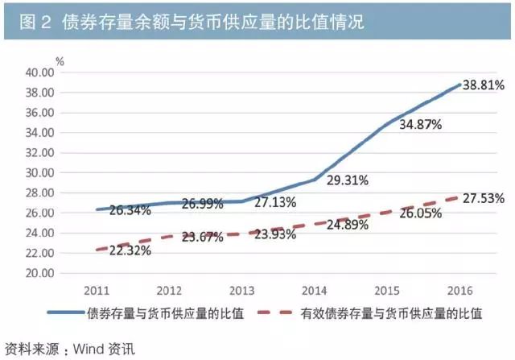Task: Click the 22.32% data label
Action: tap(130, 251)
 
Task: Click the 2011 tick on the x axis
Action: tap(96, 289)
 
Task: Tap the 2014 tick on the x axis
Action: tap(315, 289)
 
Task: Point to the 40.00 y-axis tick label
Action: tap(39, 72)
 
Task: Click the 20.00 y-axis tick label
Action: tap(39, 273)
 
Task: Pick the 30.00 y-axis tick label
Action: tap(39, 172)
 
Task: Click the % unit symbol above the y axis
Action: tap(60, 59)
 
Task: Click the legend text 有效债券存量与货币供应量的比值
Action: tap(395, 313)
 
